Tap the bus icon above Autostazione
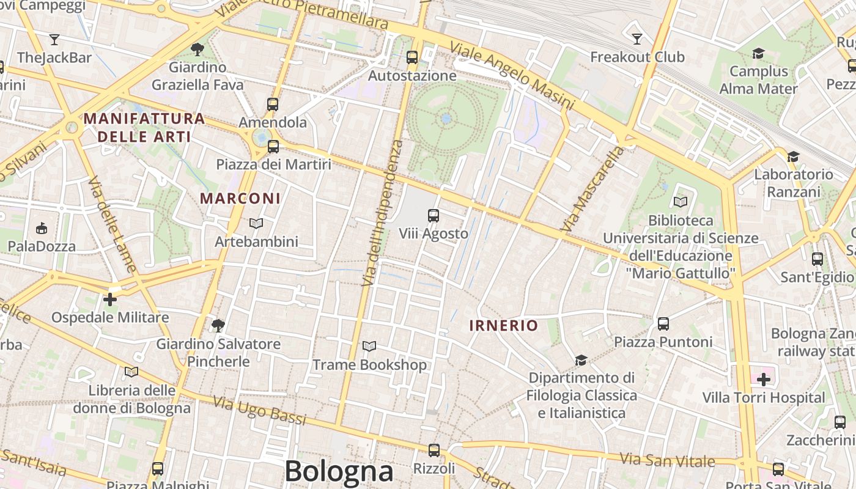412,57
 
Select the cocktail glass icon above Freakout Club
637,39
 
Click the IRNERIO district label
503,326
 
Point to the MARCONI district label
240,199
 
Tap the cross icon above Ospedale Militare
110,300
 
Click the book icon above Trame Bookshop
369,347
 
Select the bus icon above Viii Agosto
434,215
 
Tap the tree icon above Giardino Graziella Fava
197,49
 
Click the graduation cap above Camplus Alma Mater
758,54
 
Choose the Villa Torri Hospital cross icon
763,380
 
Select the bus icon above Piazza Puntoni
663,323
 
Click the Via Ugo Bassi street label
259,410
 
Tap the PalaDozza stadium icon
41,229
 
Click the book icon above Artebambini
256,224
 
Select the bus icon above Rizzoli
434,450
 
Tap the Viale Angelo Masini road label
512,76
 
